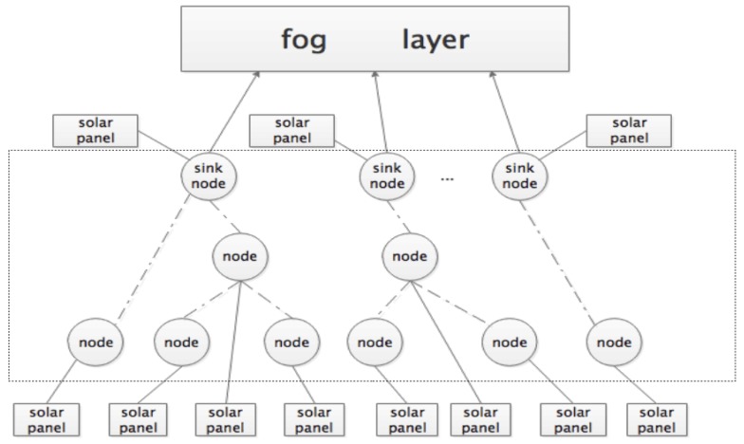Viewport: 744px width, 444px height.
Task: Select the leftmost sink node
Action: [x=209, y=176]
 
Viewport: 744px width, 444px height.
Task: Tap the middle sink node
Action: [x=387, y=176]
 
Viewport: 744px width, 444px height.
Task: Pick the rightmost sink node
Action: [x=519, y=176]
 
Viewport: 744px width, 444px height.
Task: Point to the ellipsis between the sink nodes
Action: [x=449, y=178]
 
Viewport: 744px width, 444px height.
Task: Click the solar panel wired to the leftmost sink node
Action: [x=96, y=132]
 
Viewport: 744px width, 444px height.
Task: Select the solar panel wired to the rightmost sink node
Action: [x=629, y=132]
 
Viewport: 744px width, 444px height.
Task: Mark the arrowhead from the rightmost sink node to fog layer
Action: [x=493, y=78]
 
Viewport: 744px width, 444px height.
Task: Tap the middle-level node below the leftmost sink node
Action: [x=239, y=256]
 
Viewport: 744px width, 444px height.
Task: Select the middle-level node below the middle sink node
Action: [x=410, y=256]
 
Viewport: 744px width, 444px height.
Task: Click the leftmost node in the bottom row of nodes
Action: [x=96, y=340]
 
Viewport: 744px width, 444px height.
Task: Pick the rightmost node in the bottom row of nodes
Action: [x=612, y=340]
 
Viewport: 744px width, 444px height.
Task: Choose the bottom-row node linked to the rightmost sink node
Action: [x=612, y=340]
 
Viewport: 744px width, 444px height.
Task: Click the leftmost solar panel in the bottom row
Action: [x=43, y=418]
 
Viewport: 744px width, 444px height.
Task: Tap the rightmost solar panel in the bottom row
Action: [x=657, y=418]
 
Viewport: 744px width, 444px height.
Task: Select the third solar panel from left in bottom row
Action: [x=224, y=418]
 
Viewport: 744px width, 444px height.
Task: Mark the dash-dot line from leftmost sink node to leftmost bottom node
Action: [x=152, y=258]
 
